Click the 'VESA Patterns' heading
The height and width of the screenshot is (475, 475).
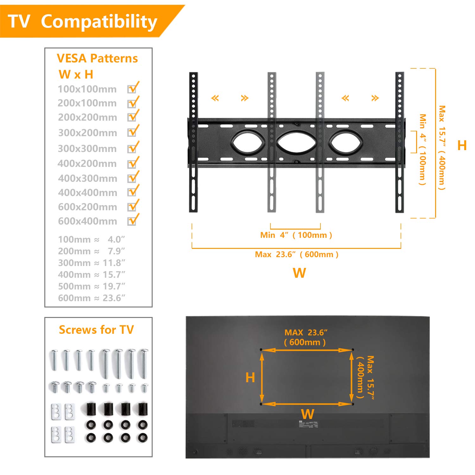coord(97,59)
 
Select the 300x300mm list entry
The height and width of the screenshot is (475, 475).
coord(87,149)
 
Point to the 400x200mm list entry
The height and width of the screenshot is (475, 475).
coord(87,164)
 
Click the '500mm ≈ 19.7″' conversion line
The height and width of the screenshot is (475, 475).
coord(92,286)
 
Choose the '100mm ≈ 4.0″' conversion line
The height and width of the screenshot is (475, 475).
coord(92,239)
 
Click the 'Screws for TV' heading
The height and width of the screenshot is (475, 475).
coord(96,330)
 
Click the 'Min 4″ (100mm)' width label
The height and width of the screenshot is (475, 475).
coord(296,235)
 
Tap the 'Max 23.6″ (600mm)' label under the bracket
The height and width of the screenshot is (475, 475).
coord(296,254)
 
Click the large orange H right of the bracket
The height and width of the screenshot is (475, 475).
coord(462,145)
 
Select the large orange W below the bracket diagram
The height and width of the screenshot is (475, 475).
coord(299,273)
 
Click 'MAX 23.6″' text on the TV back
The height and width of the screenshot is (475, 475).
coord(306,332)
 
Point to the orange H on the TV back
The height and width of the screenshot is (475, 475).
coord(250,377)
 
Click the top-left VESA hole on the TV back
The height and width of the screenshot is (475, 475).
coord(261,350)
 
